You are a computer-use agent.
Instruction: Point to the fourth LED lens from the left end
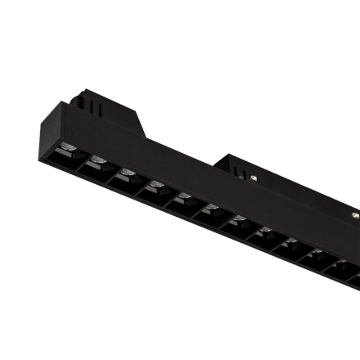tap(155, 187)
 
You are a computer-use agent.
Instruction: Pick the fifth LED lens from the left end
tap(182, 199)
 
